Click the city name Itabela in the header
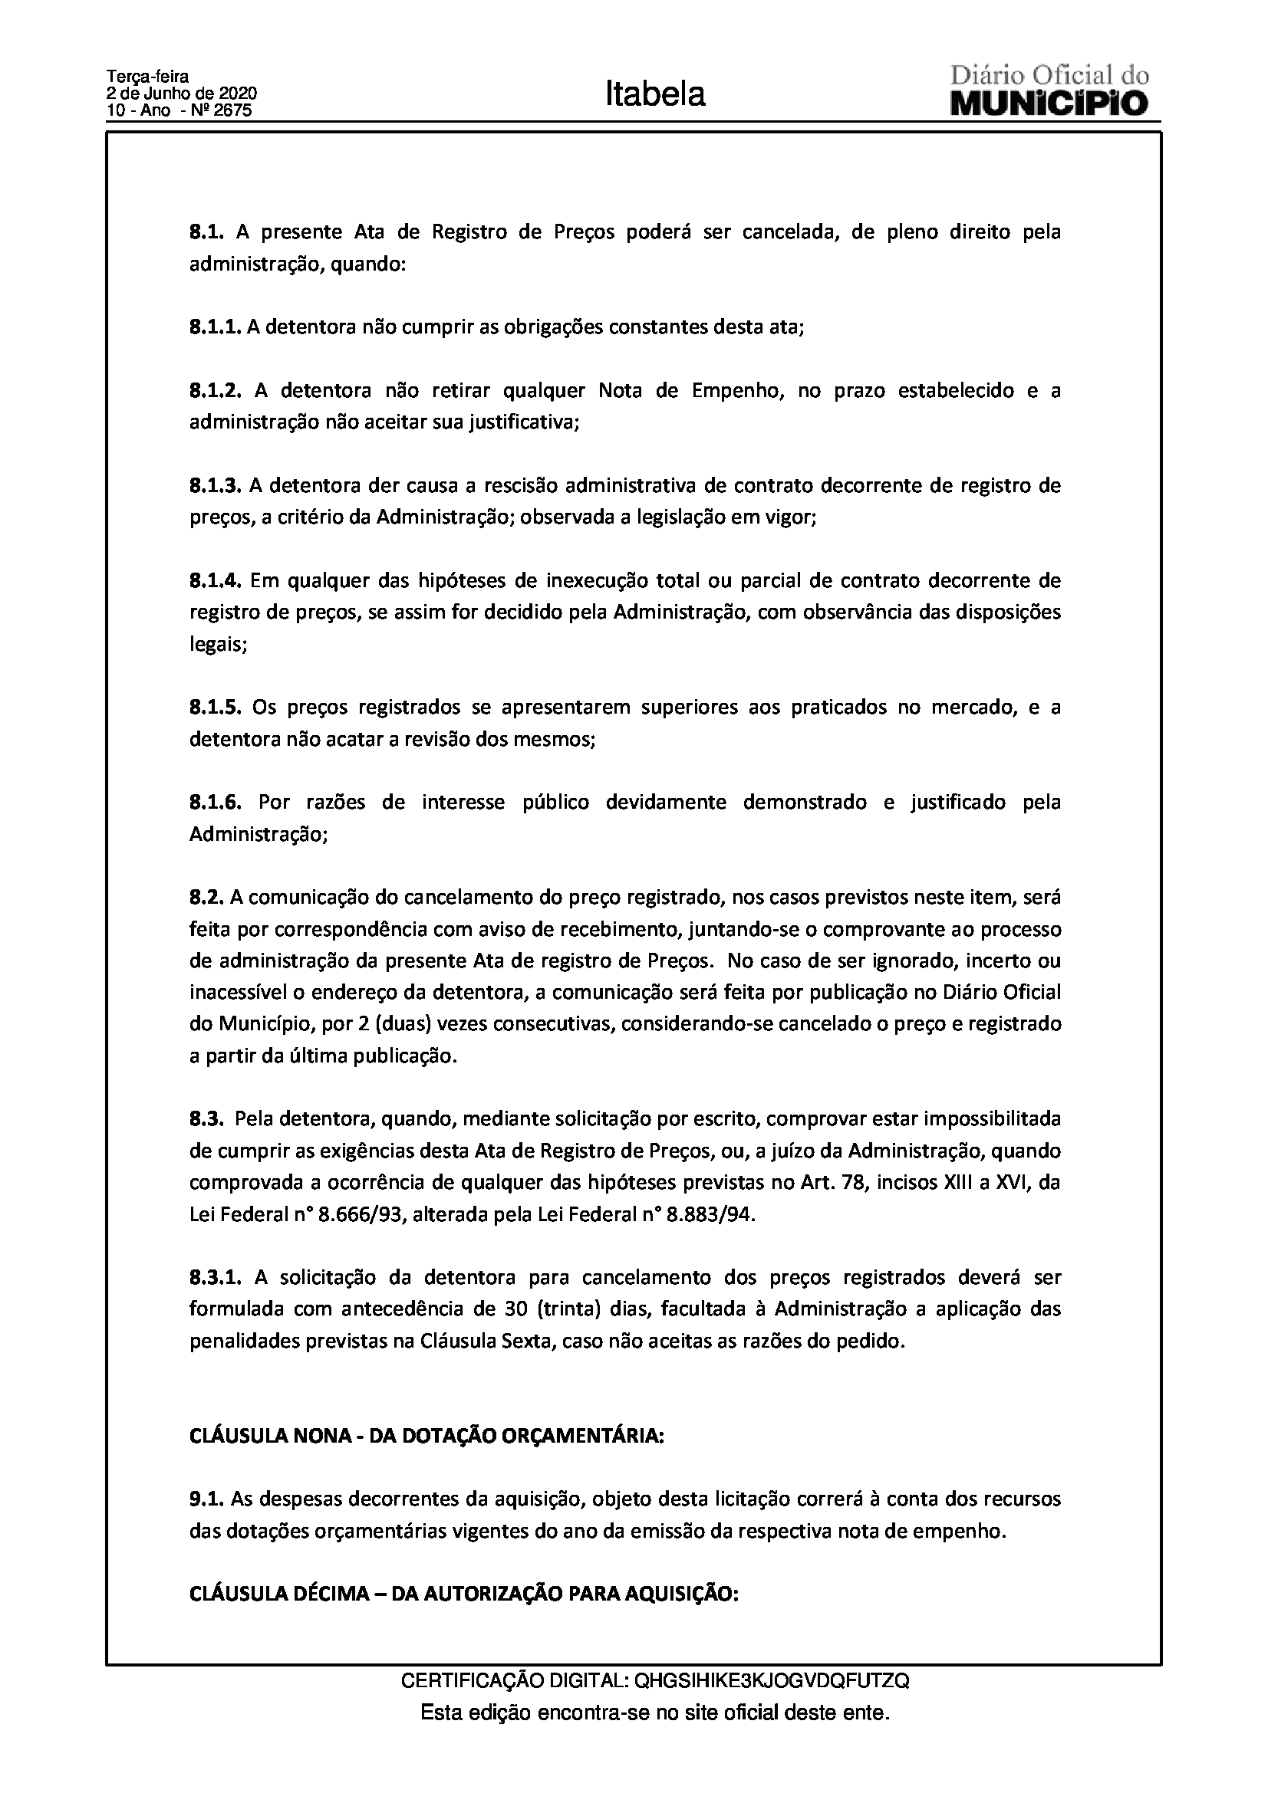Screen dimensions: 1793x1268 (x=654, y=94)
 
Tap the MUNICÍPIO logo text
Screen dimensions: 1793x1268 (x=1049, y=103)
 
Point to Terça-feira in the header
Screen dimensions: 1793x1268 (x=147, y=77)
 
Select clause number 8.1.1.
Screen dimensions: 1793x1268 (x=216, y=327)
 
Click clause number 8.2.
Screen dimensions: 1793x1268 (x=207, y=898)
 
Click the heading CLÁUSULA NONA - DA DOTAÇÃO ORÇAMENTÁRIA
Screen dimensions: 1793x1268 (x=427, y=1436)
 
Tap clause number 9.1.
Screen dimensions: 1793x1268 (x=207, y=1499)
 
